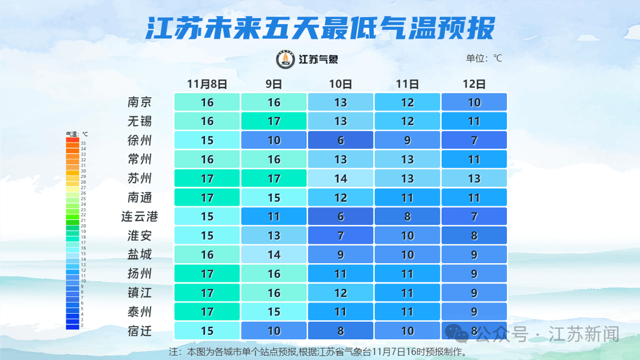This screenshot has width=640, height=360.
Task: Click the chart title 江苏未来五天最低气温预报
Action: [320, 28]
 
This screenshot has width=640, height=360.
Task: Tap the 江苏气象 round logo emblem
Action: [286, 59]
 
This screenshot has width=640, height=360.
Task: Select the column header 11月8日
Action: [207, 84]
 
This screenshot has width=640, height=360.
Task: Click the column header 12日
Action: [474, 84]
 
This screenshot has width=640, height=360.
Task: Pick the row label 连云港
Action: [139, 217]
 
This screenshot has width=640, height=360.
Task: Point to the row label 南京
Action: [139, 102]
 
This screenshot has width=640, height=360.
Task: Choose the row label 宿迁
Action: [139, 331]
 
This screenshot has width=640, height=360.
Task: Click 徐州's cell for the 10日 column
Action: [341, 141]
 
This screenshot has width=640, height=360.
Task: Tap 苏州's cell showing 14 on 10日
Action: [341, 179]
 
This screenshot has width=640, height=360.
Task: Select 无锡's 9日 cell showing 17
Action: [274, 121]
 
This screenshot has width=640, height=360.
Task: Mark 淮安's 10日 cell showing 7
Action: [341, 236]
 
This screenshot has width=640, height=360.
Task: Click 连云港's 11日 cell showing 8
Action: [407, 217]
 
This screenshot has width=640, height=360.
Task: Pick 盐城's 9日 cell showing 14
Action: [274, 255]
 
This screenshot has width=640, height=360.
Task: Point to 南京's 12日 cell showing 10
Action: [474, 102]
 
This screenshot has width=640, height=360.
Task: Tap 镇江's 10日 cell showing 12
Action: [341, 292]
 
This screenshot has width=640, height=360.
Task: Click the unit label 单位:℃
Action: [484, 59]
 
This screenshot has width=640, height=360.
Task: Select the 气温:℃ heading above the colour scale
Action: [77, 134]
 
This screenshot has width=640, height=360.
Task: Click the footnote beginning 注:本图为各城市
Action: [319, 352]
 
